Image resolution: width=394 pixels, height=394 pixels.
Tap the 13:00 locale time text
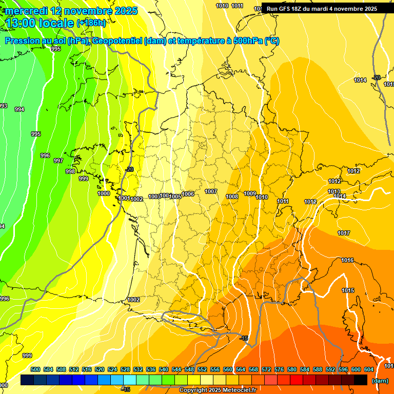(x=40, y=23)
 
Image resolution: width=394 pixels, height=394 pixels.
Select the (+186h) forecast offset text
(x=91, y=23)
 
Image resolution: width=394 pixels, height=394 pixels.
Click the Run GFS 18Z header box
(x=322, y=8)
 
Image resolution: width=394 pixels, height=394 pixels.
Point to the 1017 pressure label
(x=344, y=233)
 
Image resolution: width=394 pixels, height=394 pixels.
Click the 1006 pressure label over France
(x=188, y=194)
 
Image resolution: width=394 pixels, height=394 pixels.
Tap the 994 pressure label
(x=19, y=109)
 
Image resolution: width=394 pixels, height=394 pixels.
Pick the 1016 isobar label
(x=347, y=261)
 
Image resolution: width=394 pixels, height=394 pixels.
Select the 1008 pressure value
(x=232, y=196)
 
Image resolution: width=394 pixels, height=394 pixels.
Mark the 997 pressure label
(x=58, y=161)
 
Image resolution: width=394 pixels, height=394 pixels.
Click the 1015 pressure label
(x=348, y=290)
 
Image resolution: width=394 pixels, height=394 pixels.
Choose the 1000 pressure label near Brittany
(x=104, y=193)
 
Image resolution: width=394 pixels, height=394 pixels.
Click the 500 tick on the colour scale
(x=35, y=369)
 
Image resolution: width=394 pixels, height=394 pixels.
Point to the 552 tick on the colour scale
(x=202, y=369)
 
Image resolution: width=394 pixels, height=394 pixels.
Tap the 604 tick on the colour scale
(x=369, y=369)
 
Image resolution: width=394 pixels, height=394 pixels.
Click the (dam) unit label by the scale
(x=380, y=381)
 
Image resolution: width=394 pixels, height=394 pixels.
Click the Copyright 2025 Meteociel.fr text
(x=218, y=390)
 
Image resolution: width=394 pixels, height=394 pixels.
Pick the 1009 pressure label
(x=250, y=193)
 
